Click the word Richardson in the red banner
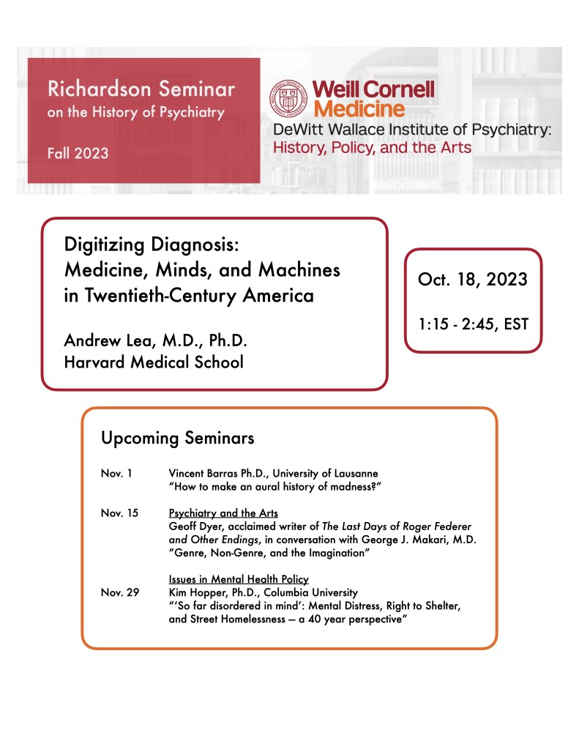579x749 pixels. [x=89, y=89]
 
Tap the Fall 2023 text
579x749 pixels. [x=78, y=153]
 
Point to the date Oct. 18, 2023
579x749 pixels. [x=472, y=280]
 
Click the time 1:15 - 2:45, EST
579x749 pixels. [x=473, y=323]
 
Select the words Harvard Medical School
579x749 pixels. [x=154, y=362]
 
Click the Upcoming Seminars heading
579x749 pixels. [x=178, y=438]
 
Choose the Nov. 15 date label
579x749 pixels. [x=119, y=513]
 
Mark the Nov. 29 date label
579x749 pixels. [x=119, y=592]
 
